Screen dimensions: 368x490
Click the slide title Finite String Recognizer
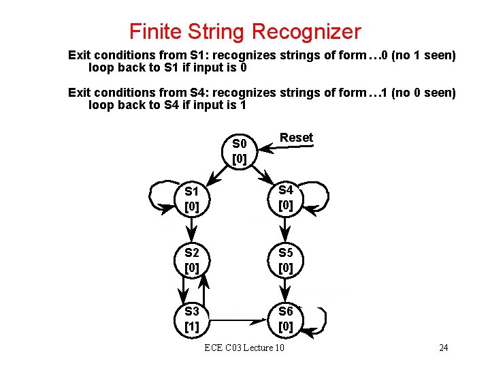click(245, 31)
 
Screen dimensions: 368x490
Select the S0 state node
click(240, 151)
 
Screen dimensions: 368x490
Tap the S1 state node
click(192, 198)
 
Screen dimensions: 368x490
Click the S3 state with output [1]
click(192, 320)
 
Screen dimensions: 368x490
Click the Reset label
click(297, 138)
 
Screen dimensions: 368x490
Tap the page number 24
click(443, 348)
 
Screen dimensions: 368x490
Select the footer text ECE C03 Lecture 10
click(244, 348)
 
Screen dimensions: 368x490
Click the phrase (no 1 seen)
click(423, 55)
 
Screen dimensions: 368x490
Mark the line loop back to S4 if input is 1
click(167, 105)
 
